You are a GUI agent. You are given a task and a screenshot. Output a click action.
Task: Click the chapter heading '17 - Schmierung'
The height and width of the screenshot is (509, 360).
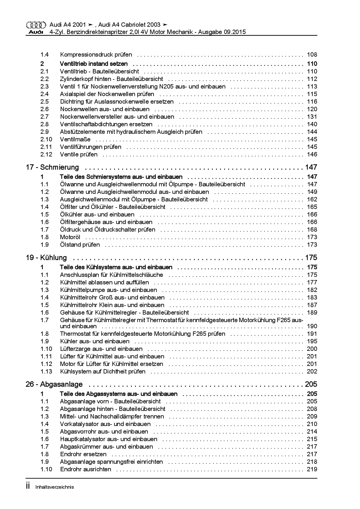(52, 167)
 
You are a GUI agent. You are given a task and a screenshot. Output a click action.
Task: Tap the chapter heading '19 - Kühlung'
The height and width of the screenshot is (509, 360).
(46, 258)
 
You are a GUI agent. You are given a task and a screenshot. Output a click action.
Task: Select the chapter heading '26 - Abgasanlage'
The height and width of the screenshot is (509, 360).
(54, 385)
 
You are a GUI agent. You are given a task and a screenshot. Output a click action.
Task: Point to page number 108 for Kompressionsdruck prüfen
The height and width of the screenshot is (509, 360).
(312, 55)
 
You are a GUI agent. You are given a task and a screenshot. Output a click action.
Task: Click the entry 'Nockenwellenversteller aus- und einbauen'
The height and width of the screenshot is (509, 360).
(117, 117)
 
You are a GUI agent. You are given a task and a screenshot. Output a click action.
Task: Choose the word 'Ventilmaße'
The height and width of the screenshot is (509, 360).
(75, 139)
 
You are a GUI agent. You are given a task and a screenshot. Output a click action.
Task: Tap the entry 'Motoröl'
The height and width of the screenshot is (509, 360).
(70, 237)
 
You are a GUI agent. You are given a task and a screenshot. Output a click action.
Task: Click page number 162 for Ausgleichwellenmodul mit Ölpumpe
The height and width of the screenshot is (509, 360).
(312, 199)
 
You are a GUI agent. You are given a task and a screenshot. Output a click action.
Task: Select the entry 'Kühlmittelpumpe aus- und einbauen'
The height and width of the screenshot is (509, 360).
(108, 290)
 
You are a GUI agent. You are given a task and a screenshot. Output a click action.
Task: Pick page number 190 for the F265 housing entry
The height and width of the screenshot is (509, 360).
(312, 326)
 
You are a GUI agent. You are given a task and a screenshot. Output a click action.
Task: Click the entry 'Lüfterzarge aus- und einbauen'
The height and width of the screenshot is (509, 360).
(101, 349)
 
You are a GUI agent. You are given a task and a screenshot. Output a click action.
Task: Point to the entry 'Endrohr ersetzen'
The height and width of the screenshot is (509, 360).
(83, 454)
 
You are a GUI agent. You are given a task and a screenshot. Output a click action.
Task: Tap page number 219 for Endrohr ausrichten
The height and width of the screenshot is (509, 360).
(312, 469)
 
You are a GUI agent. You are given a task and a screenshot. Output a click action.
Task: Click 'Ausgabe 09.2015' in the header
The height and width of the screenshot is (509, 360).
(222, 32)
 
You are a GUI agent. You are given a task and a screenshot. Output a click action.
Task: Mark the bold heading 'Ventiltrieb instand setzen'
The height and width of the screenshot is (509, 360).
(93, 64)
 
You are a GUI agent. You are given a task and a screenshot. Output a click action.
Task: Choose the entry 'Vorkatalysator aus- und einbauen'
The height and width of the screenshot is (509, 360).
(105, 424)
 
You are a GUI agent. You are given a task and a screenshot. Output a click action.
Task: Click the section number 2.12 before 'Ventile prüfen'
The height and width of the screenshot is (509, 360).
(46, 154)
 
